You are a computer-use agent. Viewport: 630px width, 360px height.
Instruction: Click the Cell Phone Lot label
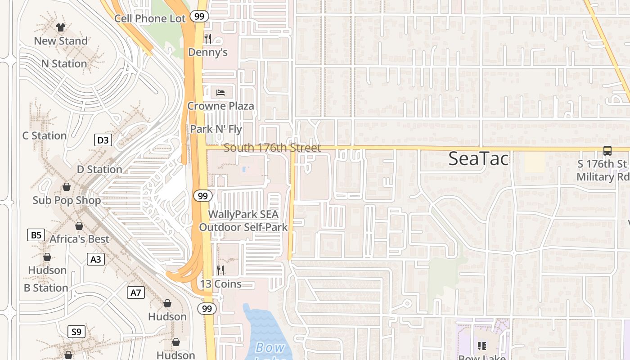click(x=150, y=18)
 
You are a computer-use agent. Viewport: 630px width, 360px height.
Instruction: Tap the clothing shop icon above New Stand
click(x=61, y=27)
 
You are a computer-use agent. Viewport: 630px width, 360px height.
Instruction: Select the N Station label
click(x=64, y=63)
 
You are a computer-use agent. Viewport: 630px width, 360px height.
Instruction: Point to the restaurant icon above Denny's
click(x=207, y=38)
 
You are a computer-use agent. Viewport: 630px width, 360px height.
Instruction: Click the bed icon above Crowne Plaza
click(x=220, y=93)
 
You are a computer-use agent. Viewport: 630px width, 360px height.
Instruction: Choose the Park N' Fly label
click(x=216, y=129)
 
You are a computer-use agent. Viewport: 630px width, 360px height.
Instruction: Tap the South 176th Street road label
click(x=272, y=148)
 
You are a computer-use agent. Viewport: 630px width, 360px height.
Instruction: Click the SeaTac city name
click(x=478, y=159)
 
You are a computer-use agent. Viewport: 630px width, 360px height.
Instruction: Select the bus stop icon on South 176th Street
click(x=607, y=151)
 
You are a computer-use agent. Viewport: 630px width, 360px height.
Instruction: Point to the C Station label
click(x=45, y=135)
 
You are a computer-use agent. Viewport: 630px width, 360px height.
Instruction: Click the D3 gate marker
click(x=103, y=140)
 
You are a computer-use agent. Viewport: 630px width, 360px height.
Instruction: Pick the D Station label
click(x=99, y=169)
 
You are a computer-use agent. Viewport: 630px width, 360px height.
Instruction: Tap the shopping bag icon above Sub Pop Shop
click(x=67, y=186)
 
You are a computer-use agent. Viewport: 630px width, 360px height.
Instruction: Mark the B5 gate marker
click(x=36, y=234)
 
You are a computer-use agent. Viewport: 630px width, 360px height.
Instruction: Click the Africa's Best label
click(x=79, y=239)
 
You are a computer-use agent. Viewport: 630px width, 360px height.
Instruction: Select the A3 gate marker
click(x=95, y=259)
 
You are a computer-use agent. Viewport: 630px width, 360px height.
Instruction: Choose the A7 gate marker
click(x=135, y=292)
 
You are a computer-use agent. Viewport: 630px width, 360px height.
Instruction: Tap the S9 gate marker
click(x=76, y=332)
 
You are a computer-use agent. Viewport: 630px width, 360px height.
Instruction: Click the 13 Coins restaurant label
click(x=221, y=284)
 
